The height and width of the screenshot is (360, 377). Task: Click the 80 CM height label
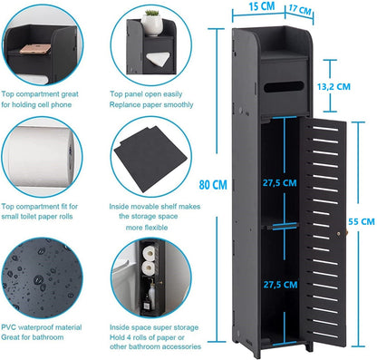(213, 185)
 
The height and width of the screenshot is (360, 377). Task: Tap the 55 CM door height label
(360, 219)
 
